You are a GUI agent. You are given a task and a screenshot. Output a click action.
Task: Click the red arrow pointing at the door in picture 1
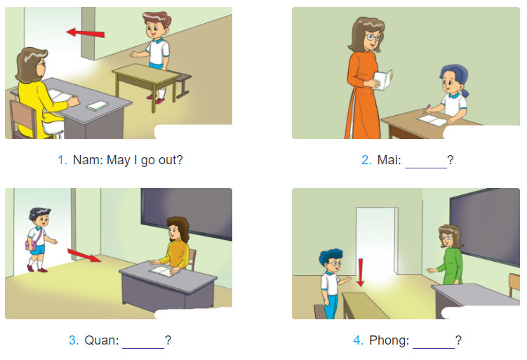click(x=86, y=33)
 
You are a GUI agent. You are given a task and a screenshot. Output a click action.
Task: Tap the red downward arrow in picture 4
click(x=360, y=272)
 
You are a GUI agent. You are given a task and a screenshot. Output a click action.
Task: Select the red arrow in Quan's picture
click(x=84, y=255)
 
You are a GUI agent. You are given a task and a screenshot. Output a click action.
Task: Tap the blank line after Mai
click(x=425, y=168)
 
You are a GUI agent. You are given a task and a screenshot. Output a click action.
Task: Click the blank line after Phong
click(x=433, y=347)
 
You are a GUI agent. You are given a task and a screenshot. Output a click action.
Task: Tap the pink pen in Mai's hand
click(x=427, y=108)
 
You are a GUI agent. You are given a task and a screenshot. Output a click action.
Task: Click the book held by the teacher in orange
click(x=383, y=80)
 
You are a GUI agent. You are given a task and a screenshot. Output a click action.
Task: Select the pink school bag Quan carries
click(x=31, y=245)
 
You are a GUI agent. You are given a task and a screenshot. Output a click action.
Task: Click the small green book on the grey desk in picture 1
click(x=97, y=105)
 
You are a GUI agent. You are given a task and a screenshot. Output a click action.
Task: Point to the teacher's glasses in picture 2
click(x=373, y=37)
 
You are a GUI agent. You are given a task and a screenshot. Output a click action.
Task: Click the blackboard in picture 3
click(x=187, y=213)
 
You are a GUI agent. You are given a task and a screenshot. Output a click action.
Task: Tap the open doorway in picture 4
click(x=375, y=241)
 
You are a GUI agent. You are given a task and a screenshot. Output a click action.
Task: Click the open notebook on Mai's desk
click(x=432, y=120)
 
